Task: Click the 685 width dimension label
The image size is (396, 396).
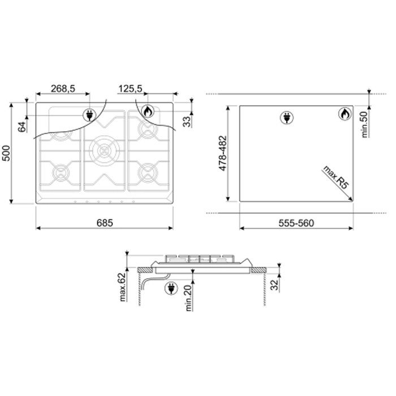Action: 105,223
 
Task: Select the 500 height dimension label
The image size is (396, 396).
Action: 6,153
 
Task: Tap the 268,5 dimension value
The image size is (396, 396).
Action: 63,89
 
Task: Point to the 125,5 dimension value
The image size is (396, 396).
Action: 130,89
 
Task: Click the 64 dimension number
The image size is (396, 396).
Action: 22,127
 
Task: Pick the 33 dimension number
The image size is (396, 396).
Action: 187,122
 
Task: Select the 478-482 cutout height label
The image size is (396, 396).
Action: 223,153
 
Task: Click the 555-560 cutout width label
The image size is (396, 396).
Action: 296,223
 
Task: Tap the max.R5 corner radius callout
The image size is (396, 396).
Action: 336,177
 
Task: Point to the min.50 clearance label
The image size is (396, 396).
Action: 365,124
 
